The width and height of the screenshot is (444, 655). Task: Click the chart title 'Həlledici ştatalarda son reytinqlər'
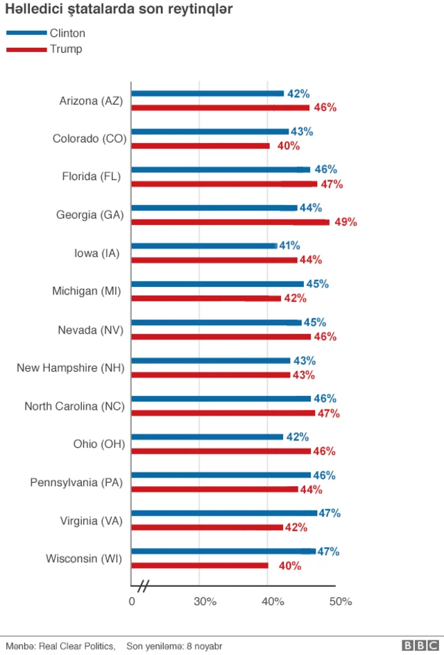point(119,10)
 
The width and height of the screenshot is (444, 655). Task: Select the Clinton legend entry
point(46,33)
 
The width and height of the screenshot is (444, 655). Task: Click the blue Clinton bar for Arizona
point(207,93)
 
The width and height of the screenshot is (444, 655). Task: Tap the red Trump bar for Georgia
point(230,222)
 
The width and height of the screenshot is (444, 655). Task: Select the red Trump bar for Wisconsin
point(200,565)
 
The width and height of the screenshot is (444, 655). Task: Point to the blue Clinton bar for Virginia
point(224,513)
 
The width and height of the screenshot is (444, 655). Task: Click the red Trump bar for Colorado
point(200,146)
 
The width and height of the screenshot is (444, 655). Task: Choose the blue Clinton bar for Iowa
point(204,245)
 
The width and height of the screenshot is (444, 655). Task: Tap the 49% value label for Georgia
point(345,222)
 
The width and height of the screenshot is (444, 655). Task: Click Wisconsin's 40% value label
point(289,566)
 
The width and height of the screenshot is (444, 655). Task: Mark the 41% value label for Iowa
point(289,245)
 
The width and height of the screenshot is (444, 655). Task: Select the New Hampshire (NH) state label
point(70,367)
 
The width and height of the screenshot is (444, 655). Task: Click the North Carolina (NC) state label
point(74,406)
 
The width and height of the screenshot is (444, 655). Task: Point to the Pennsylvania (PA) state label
point(76,482)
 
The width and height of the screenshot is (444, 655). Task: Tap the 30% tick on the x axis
point(205,602)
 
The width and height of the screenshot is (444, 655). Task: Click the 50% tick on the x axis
point(341,602)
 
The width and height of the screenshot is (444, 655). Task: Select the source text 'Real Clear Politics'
point(76,646)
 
